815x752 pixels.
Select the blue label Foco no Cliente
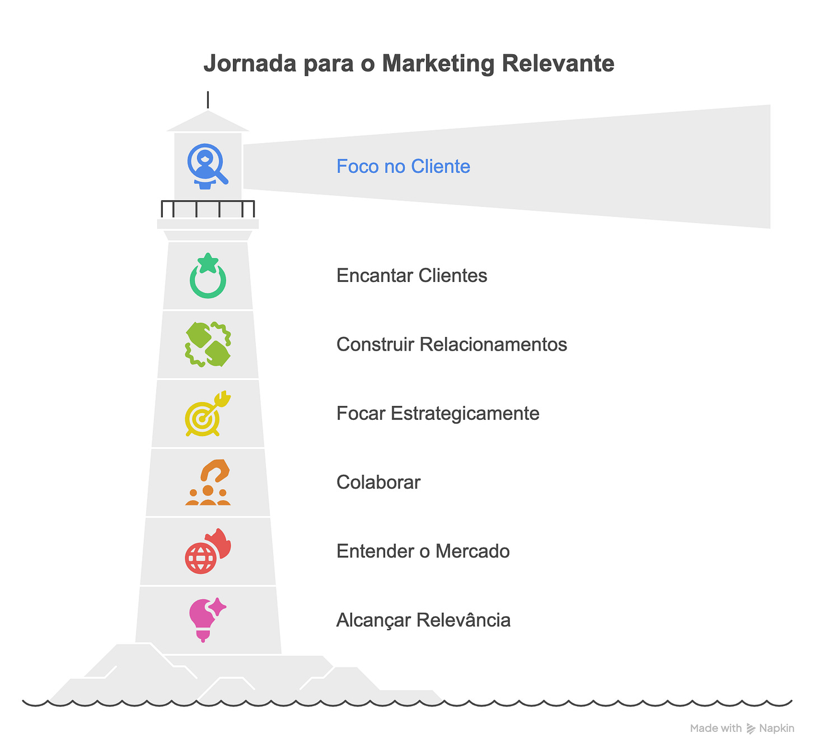(403, 167)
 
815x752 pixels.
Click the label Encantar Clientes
(411, 276)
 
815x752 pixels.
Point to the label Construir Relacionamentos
(451, 344)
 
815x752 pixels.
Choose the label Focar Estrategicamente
(438, 414)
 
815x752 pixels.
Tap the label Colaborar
(378, 483)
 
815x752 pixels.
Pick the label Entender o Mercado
(423, 551)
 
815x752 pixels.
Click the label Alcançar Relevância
(423, 621)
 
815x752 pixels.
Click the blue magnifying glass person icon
(207, 166)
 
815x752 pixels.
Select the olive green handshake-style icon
(208, 344)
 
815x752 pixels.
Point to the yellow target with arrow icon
(207, 414)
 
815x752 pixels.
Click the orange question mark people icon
(208, 483)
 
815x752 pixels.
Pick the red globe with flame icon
(208, 551)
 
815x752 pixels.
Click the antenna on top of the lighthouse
(208, 100)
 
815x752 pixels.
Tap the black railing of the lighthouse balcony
(208, 208)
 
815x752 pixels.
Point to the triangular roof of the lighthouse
(208, 122)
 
